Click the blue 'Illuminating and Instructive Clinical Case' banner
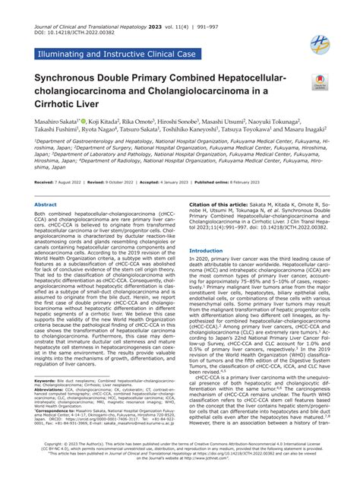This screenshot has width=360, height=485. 115,53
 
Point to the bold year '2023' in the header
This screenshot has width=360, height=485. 172,8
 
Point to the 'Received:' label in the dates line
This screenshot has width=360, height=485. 44,183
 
